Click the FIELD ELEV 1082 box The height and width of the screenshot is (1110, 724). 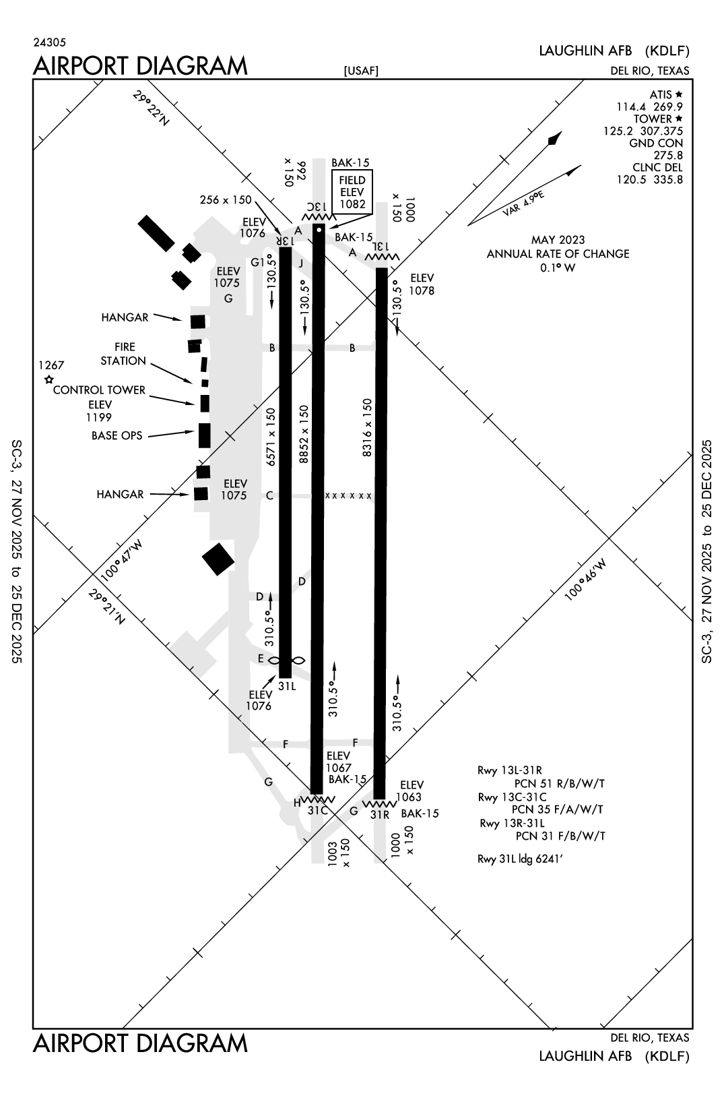pos(352,192)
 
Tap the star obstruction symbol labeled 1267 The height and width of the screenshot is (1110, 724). pos(48,380)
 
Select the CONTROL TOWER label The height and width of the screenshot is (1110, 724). pos(99,390)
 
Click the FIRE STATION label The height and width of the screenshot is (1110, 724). pos(124,354)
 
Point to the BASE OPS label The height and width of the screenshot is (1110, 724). pos(117,436)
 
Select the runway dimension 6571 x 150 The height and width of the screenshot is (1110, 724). pos(271,437)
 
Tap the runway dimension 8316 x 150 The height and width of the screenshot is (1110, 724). pos(368,428)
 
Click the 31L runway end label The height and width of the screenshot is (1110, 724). pos(287,686)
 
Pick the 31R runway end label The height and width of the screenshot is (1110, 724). pos(380,814)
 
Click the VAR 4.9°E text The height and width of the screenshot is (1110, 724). pos(523,204)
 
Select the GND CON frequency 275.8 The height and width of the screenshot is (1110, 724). pos(668,156)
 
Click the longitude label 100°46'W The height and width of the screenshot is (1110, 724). pos(586,578)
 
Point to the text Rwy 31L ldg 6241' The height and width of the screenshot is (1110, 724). pos(520,859)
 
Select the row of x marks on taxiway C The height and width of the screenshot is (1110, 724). pos(348,496)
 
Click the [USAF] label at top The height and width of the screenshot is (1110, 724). pos(361,71)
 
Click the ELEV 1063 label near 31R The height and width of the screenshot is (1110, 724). pos(412,791)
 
